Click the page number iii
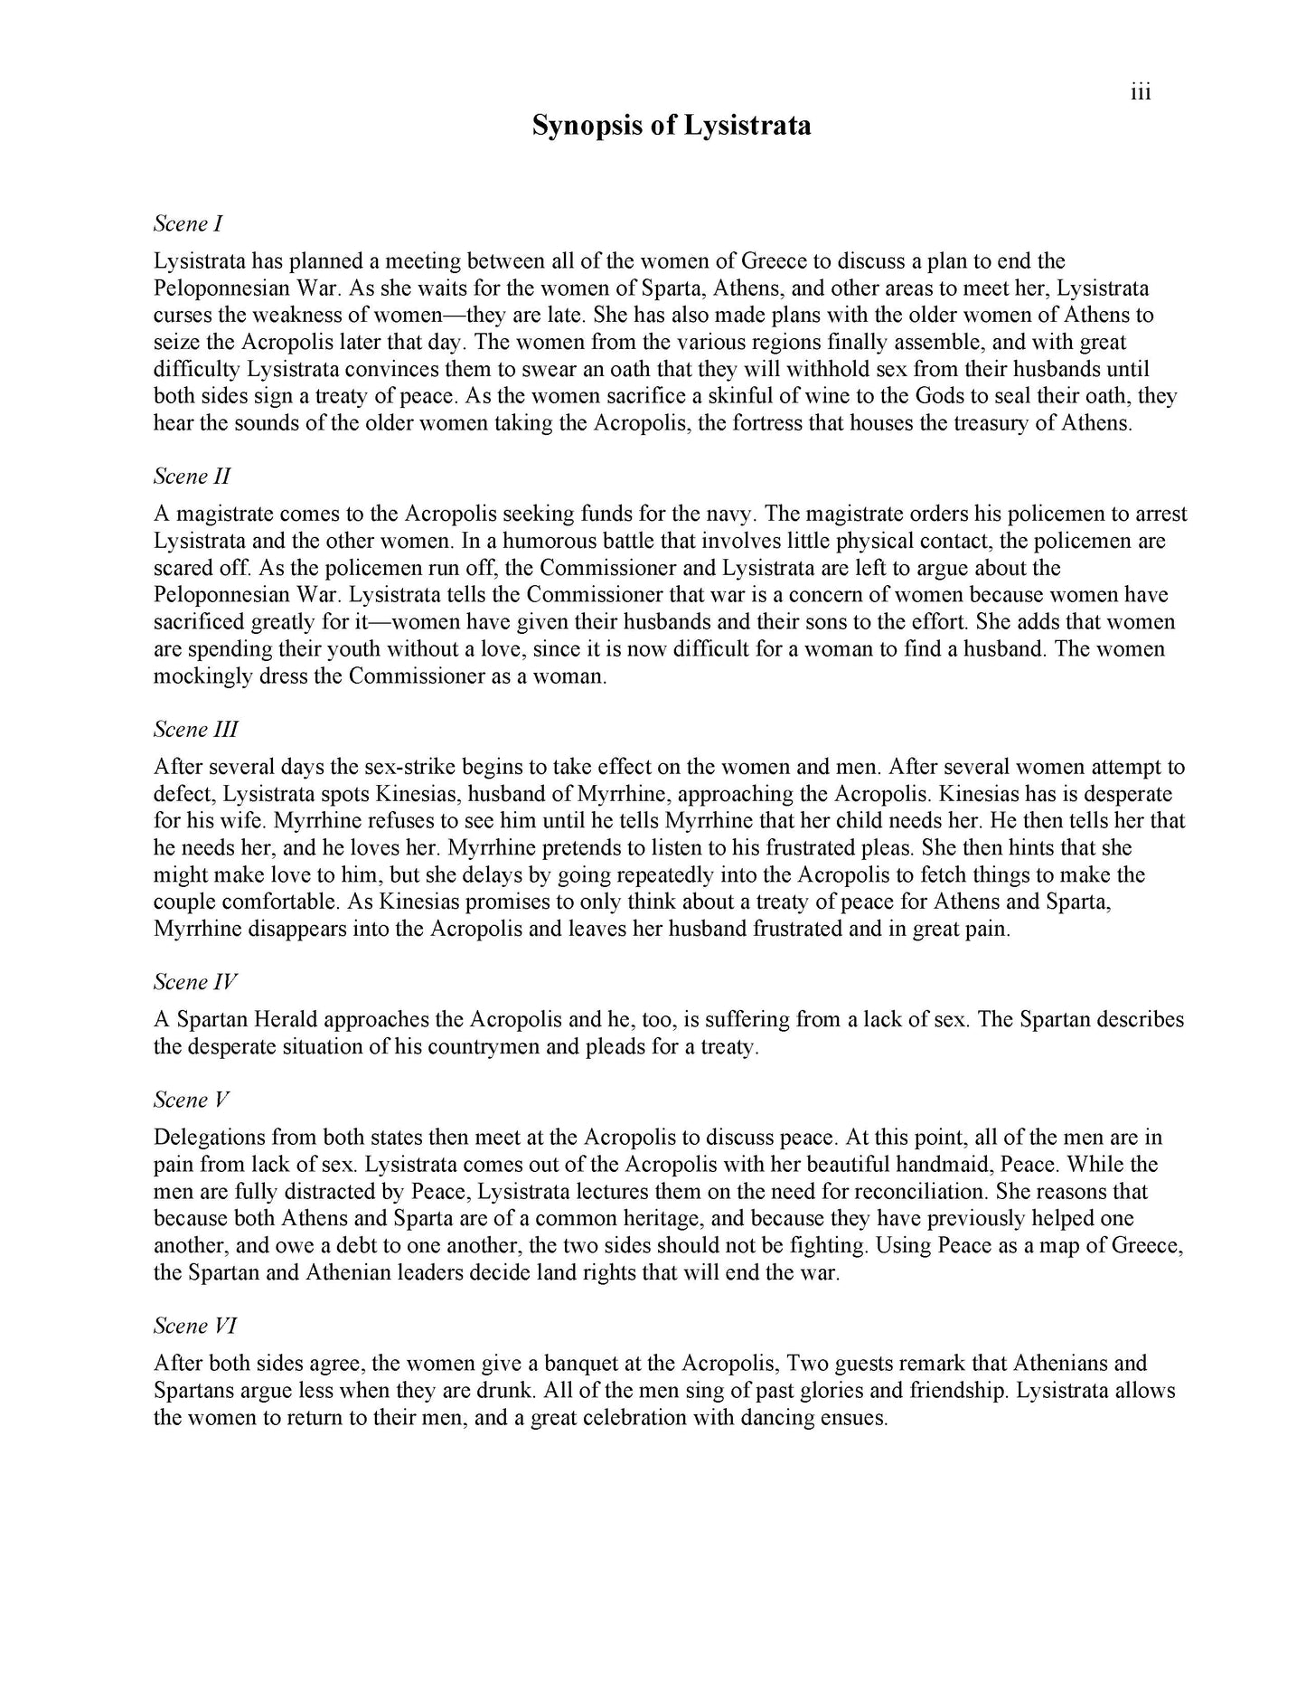[x=1141, y=92]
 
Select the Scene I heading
[x=188, y=223]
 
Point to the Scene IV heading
[x=195, y=981]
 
